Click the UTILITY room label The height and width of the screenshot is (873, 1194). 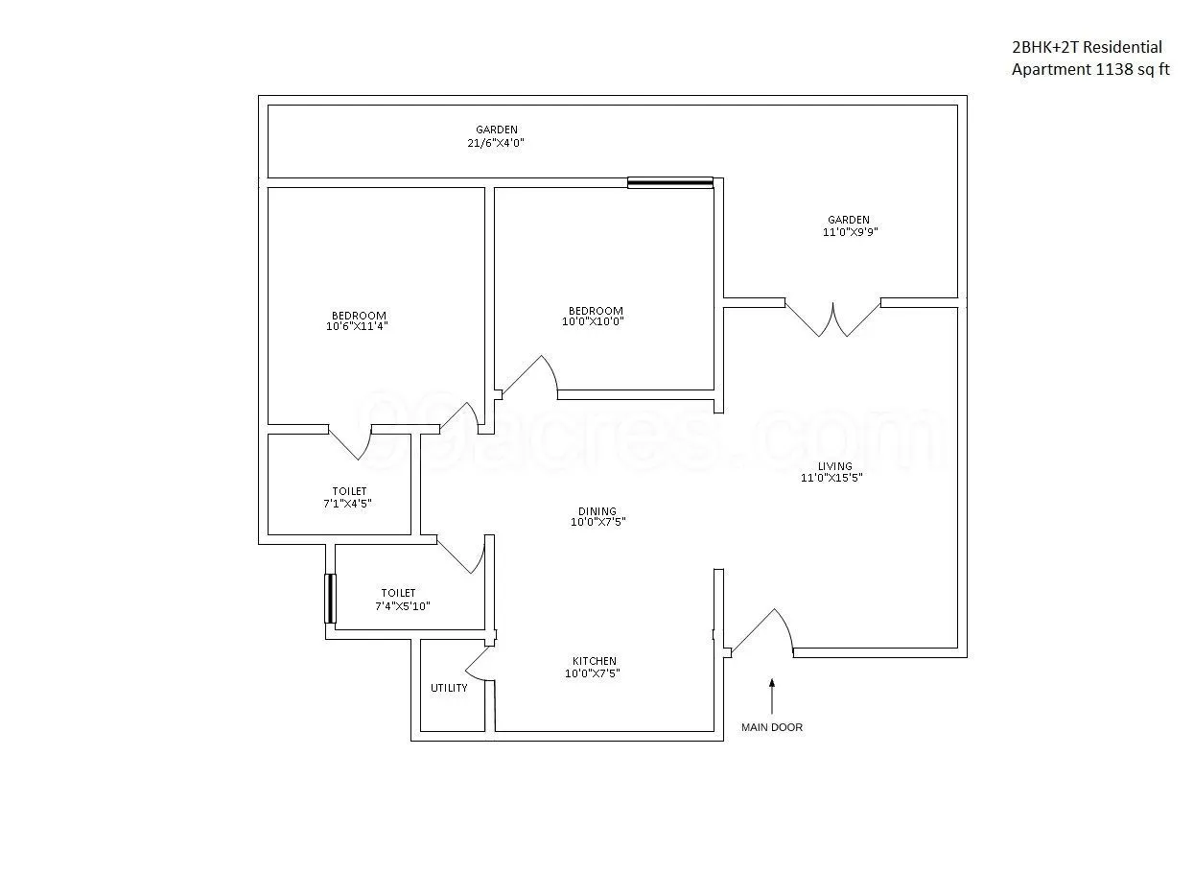449,688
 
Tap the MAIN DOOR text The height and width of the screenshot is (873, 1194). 771,727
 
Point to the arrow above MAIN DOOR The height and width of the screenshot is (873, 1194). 771,696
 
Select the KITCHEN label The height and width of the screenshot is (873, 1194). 595,661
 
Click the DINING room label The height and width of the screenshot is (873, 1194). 597,511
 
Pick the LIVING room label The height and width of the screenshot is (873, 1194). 834,466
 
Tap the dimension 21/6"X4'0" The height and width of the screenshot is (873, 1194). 497,142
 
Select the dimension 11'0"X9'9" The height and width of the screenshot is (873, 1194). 849,231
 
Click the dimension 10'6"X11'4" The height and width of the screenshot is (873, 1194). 359,326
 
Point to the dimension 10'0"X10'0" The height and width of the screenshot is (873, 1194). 595,321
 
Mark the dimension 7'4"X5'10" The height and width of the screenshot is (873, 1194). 403,605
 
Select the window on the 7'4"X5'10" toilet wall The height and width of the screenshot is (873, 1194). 331,599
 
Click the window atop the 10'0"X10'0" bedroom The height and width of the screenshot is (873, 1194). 670,182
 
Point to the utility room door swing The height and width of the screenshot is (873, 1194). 479,664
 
